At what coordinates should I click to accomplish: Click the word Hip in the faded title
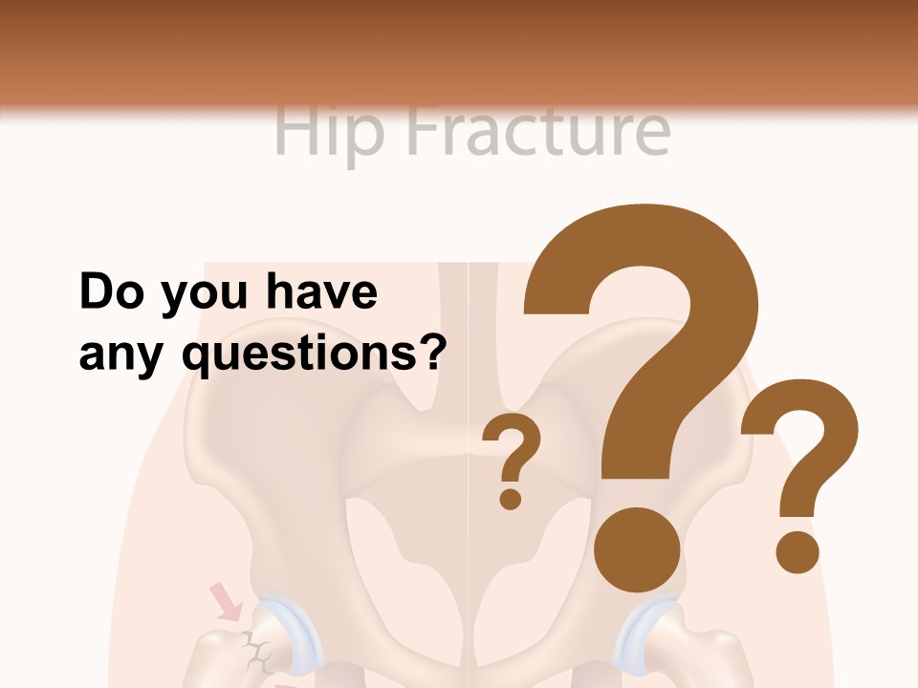coord(328,131)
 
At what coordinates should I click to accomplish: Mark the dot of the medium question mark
coord(797,552)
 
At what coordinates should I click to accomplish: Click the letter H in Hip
coord(293,131)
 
